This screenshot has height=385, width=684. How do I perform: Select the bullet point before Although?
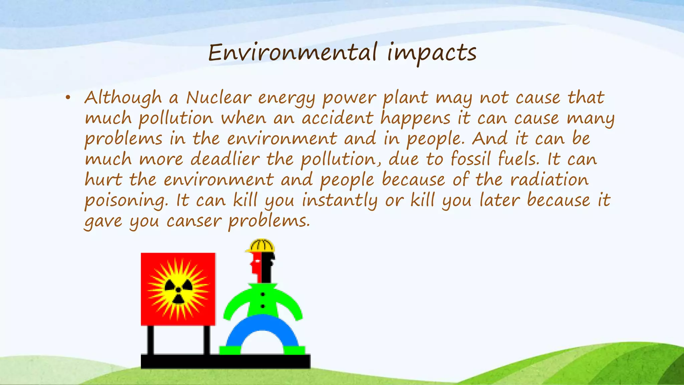pyautogui.click(x=68, y=98)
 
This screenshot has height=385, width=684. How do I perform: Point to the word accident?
pyautogui.click(x=337, y=119)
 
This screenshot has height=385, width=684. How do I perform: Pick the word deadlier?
pyautogui.click(x=225, y=159)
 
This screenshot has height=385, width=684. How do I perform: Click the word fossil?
pyautogui.click(x=471, y=159)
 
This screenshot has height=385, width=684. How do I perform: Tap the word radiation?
pyautogui.click(x=549, y=180)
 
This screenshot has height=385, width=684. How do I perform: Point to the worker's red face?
pyautogui.click(x=256, y=266)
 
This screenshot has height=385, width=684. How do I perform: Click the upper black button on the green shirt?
pyautogui.click(x=263, y=294)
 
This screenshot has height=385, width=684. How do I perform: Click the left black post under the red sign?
pyautogui.click(x=151, y=340)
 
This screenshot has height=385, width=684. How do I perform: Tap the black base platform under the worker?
pyautogui.click(x=225, y=361)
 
